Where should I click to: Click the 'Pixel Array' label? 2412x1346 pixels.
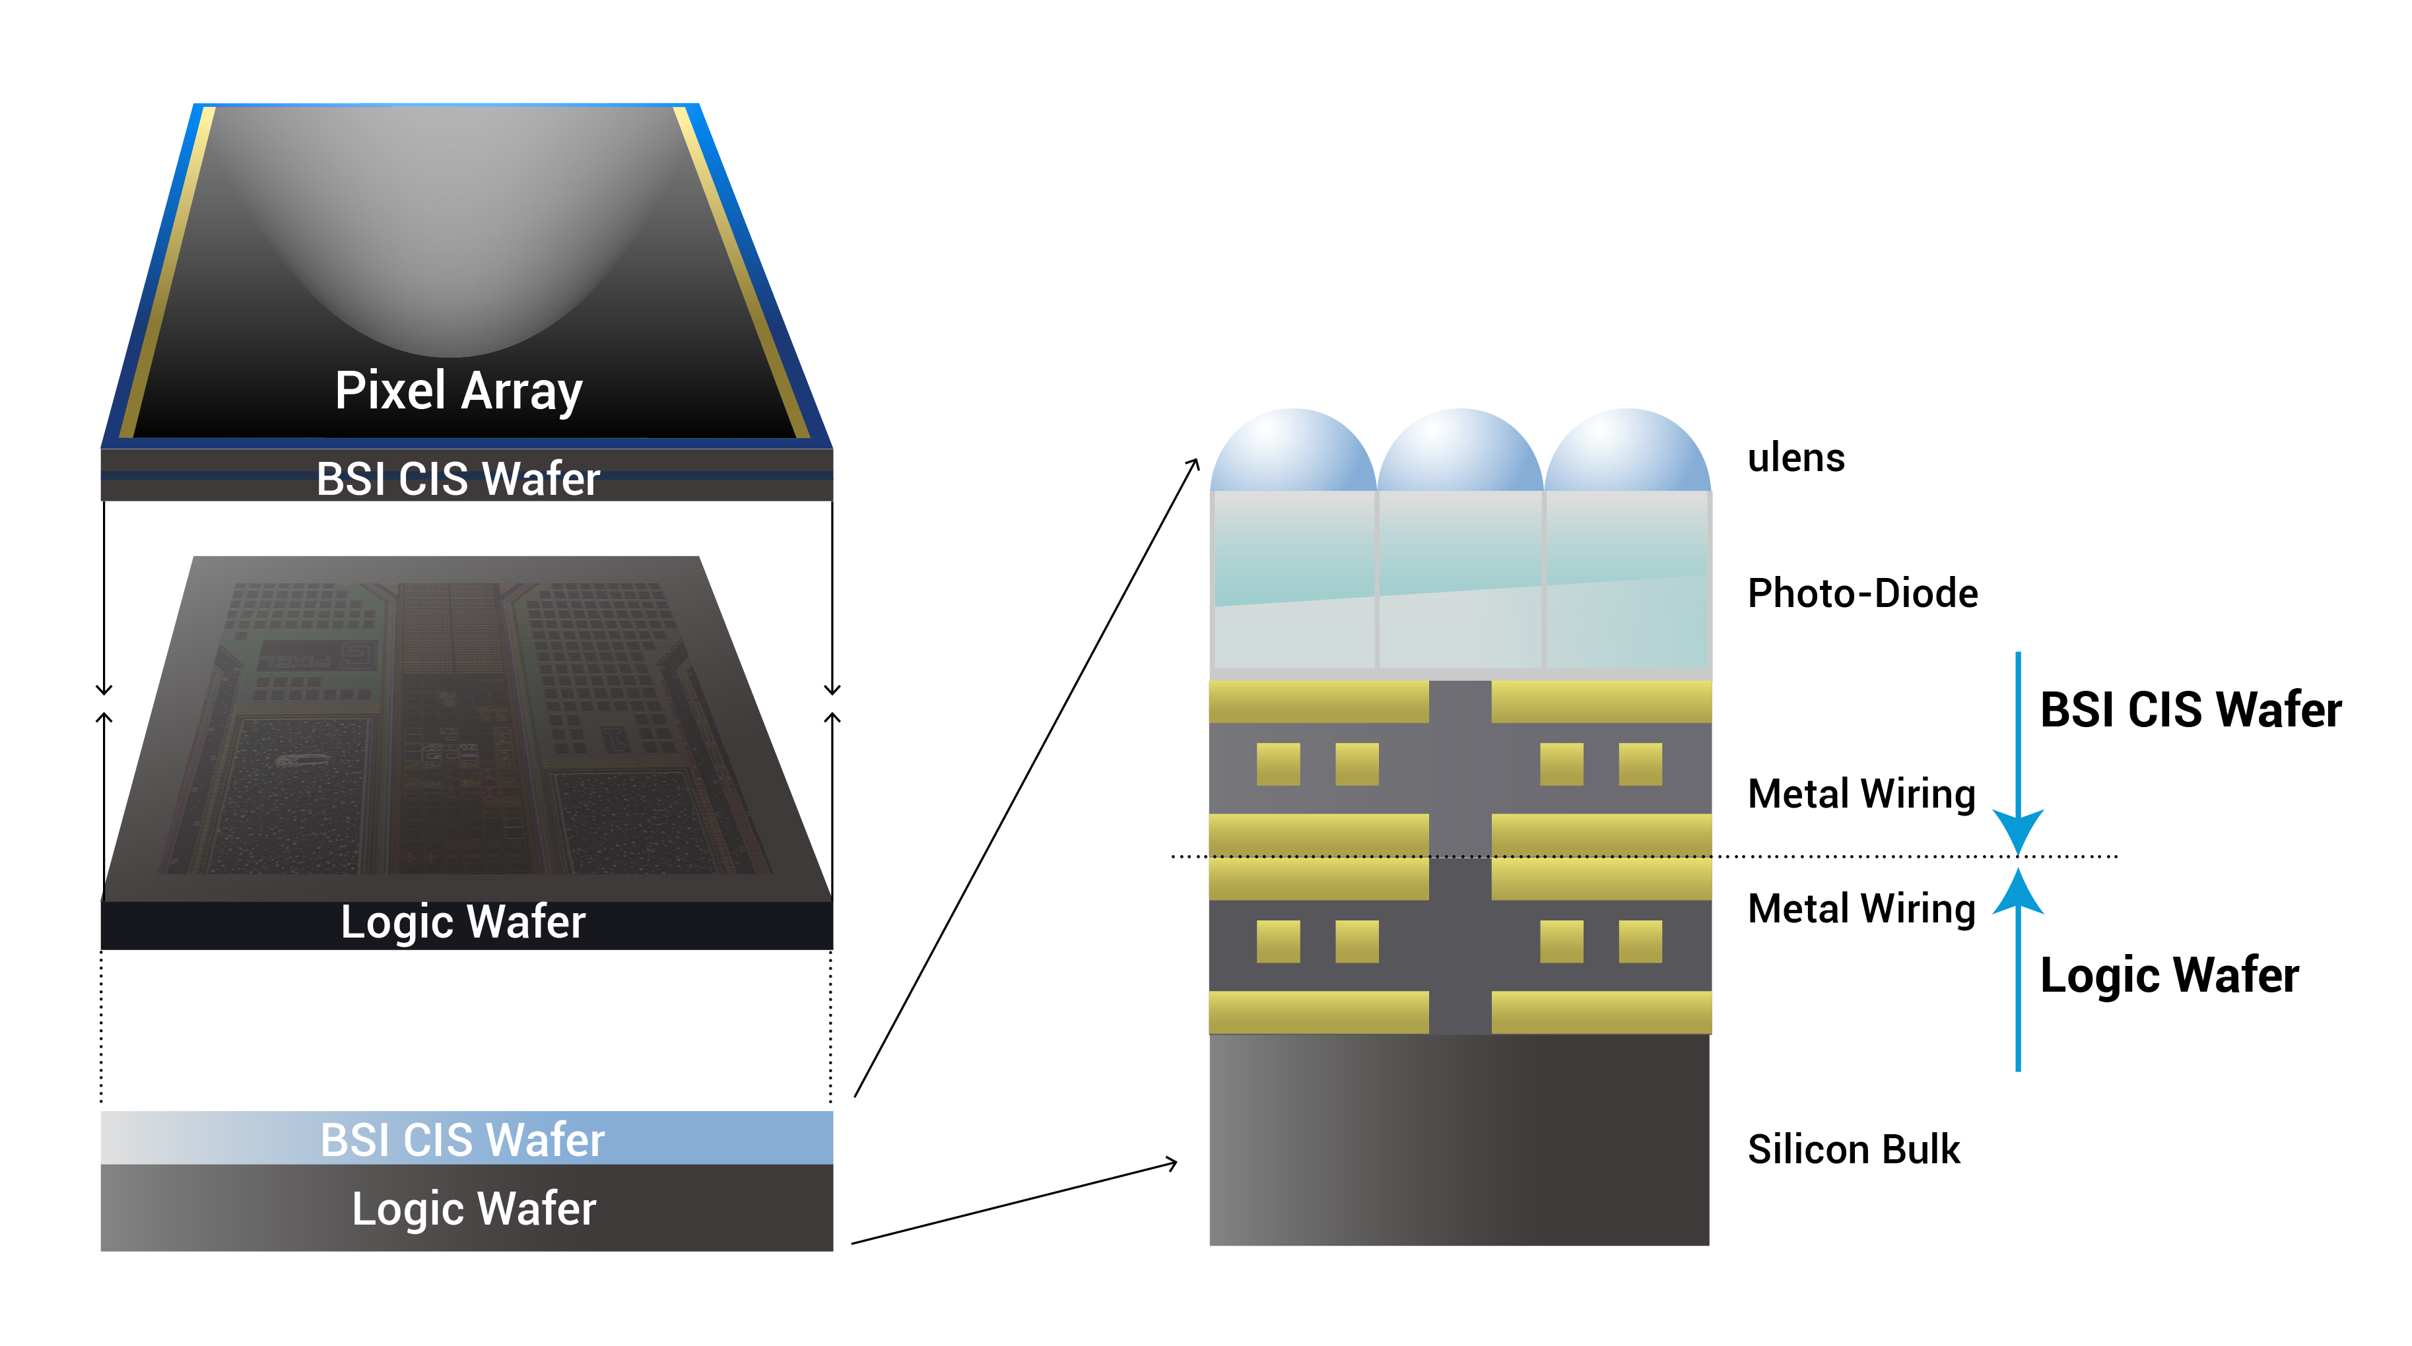click(459, 391)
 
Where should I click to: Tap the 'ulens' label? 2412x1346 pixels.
click(1795, 459)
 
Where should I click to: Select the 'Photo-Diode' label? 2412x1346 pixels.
click(1861, 593)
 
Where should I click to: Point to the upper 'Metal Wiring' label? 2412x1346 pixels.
click(1861, 794)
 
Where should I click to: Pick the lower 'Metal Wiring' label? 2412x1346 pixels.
click(1861, 909)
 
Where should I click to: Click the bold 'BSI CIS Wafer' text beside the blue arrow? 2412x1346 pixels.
click(2189, 709)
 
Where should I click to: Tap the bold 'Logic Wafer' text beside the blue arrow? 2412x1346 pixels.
click(2168, 975)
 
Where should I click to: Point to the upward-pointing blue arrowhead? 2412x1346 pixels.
click(2018, 889)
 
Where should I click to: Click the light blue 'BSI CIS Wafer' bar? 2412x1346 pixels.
click(466, 1138)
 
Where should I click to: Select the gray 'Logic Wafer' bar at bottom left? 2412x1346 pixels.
click(466, 1208)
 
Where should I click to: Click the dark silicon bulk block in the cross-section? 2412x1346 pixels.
click(1459, 1140)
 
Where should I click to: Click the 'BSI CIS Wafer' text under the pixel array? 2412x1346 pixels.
click(458, 479)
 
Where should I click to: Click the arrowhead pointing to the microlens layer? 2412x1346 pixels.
click(1194, 463)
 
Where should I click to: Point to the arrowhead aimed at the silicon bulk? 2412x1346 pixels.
click(1172, 1163)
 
